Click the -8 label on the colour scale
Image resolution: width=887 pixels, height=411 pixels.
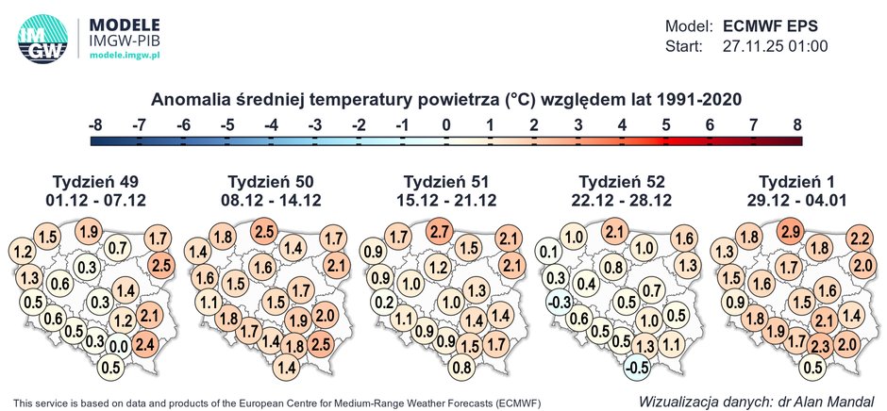94,123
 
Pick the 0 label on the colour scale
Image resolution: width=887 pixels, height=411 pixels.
446,123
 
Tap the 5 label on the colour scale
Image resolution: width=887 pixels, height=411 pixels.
666,123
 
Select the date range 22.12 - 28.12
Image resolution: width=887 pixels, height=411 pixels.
623,200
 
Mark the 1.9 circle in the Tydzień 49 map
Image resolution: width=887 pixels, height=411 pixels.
89,232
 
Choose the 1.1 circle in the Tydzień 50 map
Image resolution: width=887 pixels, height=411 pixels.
208,302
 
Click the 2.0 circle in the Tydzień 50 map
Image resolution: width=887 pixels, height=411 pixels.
324,315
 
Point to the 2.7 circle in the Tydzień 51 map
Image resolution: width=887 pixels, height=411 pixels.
439,232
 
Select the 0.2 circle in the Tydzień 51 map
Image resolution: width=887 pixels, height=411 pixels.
382,302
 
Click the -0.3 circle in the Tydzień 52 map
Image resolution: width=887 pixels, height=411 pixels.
558,302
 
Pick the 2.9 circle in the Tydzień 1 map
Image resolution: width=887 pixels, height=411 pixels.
790,232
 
